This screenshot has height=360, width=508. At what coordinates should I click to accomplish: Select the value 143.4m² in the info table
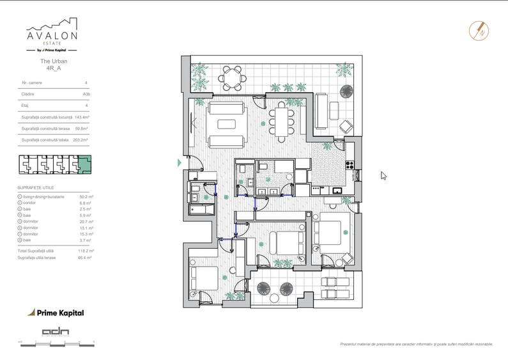81,117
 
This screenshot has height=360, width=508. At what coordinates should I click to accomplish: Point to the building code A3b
86,94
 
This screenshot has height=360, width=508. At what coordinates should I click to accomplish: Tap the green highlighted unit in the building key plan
84,165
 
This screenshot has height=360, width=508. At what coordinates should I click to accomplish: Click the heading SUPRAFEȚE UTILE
36,187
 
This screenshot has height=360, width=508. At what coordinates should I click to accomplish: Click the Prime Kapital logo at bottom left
56,313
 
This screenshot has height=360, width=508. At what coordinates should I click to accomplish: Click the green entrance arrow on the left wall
180,163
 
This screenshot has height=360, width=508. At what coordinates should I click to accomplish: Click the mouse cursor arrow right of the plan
383,176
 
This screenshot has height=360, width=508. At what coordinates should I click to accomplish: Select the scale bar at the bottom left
58,343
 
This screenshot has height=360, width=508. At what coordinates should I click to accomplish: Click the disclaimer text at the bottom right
416,344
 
